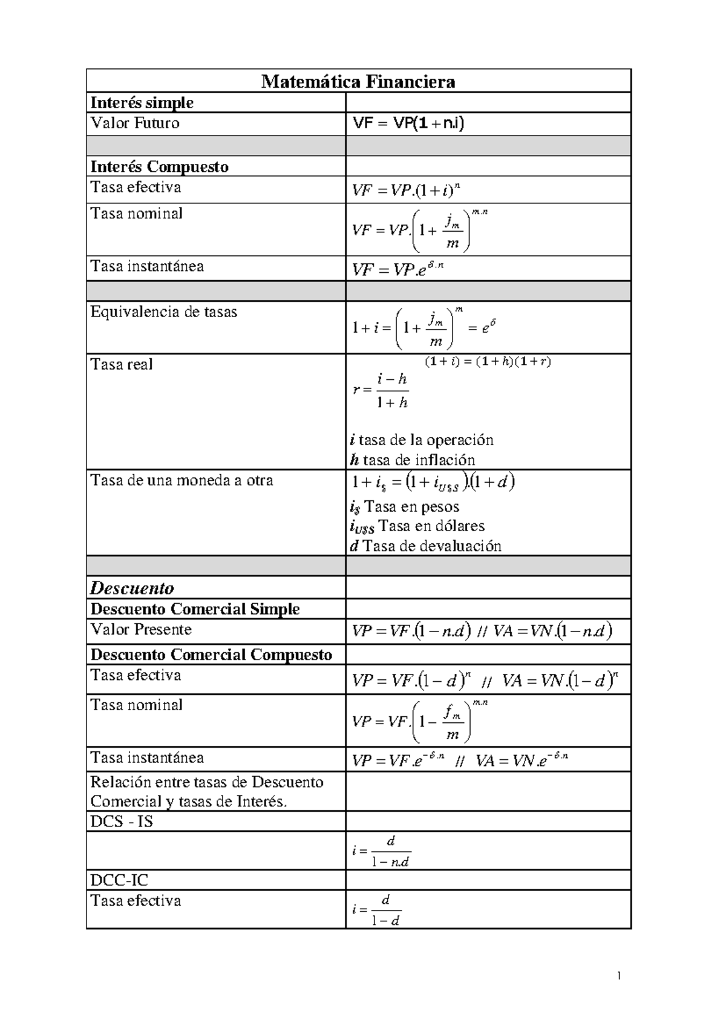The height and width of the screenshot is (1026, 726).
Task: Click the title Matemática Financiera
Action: click(358, 82)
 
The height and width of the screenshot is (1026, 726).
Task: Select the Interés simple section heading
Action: click(142, 103)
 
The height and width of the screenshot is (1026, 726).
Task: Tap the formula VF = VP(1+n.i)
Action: click(408, 124)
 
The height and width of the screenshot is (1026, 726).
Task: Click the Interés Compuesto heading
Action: click(160, 166)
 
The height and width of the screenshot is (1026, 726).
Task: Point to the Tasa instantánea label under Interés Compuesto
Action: click(147, 267)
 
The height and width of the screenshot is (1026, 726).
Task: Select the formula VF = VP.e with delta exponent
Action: click(398, 269)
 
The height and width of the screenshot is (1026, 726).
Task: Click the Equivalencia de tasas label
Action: click(164, 312)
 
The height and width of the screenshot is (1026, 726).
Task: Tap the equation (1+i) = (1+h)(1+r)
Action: click(487, 362)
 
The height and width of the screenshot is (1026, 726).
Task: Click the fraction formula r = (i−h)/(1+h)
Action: click(381, 391)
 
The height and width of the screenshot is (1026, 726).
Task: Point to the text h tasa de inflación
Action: click(413, 460)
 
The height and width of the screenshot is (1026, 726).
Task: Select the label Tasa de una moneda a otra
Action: click(181, 481)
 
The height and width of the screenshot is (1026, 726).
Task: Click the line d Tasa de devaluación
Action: click(426, 546)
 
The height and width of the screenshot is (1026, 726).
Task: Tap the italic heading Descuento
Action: click(132, 588)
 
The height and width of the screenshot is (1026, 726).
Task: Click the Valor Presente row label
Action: click(141, 630)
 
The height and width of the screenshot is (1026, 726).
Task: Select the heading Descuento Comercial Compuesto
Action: click(211, 655)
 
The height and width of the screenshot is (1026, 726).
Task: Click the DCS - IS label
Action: click(122, 822)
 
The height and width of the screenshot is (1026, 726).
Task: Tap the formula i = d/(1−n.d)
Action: click(381, 851)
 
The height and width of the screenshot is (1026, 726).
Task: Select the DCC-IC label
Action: click(119, 880)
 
